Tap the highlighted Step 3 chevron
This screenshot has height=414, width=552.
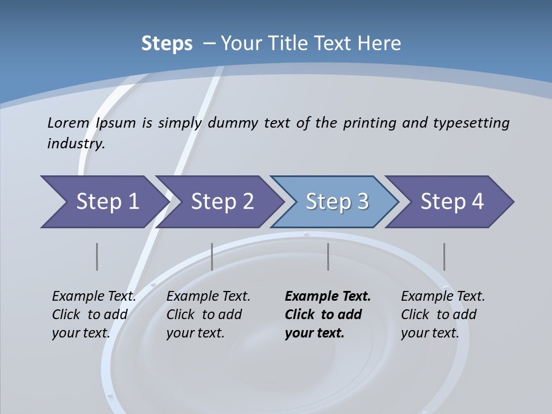pyautogui.click(x=337, y=202)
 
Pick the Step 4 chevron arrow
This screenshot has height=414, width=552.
pyautogui.click(x=452, y=202)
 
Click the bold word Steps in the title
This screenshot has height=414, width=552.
pyautogui.click(x=167, y=44)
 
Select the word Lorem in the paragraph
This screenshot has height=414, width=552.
pyautogui.click(x=68, y=123)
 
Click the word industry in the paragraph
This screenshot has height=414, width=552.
pyautogui.click(x=75, y=144)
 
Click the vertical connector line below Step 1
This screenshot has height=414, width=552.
pyautogui.click(x=97, y=256)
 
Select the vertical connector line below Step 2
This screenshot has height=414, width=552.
pyautogui.click(x=212, y=256)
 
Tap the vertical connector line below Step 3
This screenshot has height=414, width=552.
pyautogui.click(x=328, y=256)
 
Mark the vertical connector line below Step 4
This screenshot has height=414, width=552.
pyautogui.click(x=444, y=256)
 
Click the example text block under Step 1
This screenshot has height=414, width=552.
pyautogui.click(x=94, y=315)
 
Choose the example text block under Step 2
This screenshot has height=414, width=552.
pyautogui.click(x=208, y=315)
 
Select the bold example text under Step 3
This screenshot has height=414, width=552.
pyautogui.click(x=328, y=315)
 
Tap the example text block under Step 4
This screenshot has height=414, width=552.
pyautogui.click(x=443, y=315)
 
